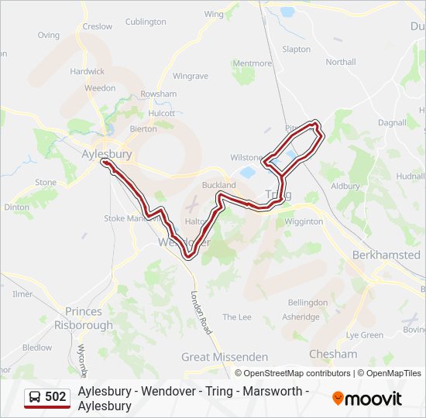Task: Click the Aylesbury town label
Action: pyautogui.click(x=106, y=154)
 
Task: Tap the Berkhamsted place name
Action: pyautogui.click(x=386, y=255)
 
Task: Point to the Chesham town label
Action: pyautogui.click(x=333, y=354)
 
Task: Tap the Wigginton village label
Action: pyautogui.click(x=304, y=221)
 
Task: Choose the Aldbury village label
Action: pyautogui.click(x=345, y=186)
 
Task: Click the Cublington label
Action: pyautogui.click(x=146, y=22)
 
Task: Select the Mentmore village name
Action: pyautogui.click(x=253, y=63)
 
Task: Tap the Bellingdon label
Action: pyautogui.click(x=307, y=302)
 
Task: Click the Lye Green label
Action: pyautogui.click(x=364, y=335)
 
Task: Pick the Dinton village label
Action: pyautogui.click(x=17, y=207)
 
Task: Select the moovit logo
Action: pyautogui.click(x=367, y=399)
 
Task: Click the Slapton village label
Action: pyautogui.click(x=297, y=49)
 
